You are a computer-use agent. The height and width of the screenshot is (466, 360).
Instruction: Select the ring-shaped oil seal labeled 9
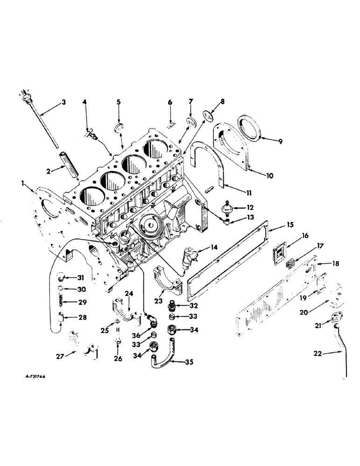(251, 128)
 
